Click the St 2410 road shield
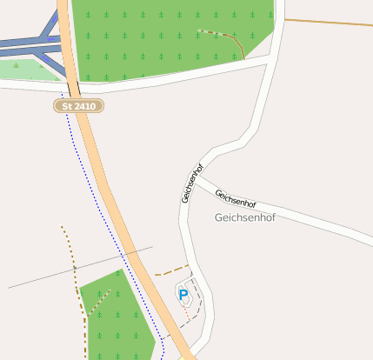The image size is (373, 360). (x=78, y=105)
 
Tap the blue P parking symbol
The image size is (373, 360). (x=183, y=295)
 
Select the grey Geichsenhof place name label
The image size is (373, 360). (x=244, y=217)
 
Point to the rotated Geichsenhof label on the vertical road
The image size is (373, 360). (x=192, y=183)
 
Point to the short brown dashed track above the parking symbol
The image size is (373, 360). (x=172, y=270)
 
